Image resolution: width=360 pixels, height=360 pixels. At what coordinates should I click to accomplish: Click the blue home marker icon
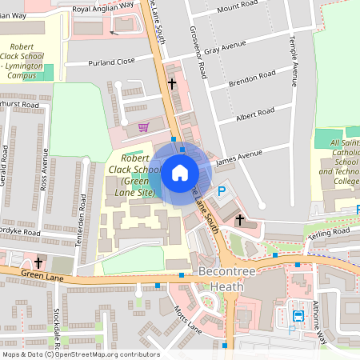[x=180, y=173]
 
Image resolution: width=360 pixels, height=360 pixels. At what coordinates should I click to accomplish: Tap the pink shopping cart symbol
[x=143, y=126]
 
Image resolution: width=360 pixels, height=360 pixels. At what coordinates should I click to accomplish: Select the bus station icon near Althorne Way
[x=298, y=316]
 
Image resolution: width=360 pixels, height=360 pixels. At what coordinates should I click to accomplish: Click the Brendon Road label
[x=251, y=79]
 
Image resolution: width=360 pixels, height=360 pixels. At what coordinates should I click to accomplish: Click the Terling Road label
[x=329, y=233]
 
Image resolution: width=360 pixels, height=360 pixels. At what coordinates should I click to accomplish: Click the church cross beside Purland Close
[x=171, y=83]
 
